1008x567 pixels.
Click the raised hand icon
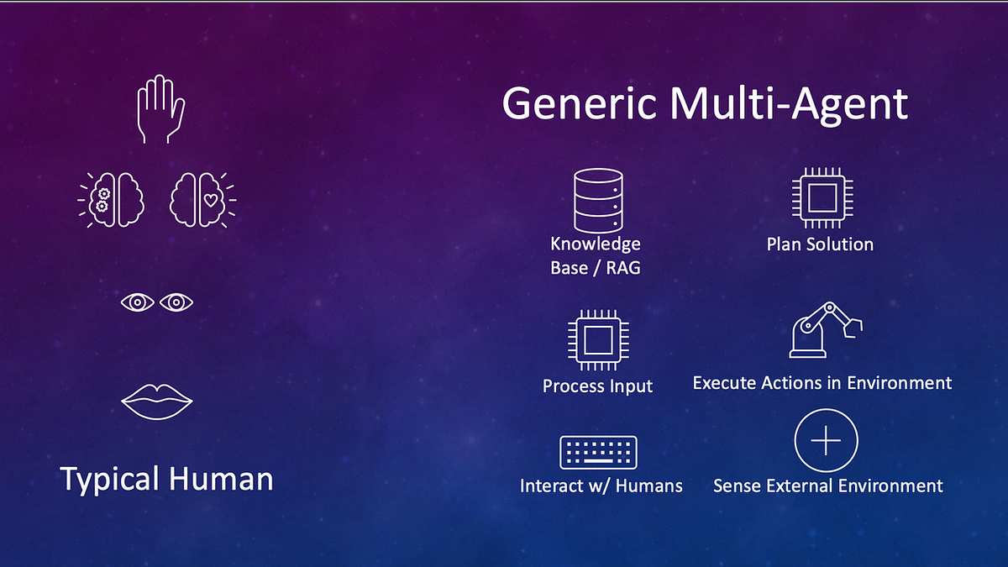160,109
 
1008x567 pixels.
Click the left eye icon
137,302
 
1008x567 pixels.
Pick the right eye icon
177,302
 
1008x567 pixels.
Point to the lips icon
157,402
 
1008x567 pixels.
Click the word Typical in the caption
110,480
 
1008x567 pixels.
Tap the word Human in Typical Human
221,479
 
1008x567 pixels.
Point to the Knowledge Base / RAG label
596,256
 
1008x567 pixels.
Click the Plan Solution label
820,244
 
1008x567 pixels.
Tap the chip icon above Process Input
597,342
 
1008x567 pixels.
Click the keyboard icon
598,453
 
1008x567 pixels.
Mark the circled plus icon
826,440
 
